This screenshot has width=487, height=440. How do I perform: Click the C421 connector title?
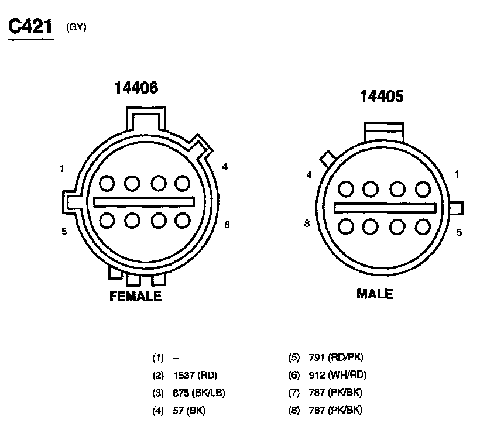(30, 26)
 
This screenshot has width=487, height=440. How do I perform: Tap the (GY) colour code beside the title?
(76, 27)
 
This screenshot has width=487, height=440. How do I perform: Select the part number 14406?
(136, 88)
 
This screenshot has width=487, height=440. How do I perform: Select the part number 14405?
(382, 97)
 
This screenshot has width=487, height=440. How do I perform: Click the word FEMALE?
(136, 296)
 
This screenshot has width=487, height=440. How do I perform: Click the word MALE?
(375, 294)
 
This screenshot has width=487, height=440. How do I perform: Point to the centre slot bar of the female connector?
(144, 202)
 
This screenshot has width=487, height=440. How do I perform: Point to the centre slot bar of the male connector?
(385, 208)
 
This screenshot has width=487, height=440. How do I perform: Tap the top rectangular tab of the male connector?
(384, 132)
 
